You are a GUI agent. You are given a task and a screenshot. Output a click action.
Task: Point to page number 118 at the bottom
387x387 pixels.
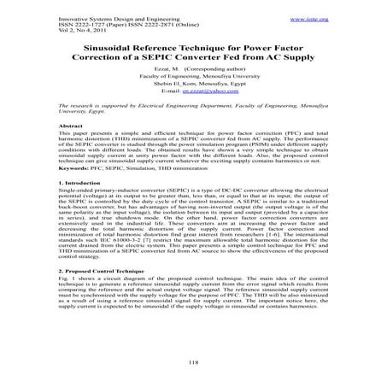(193, 365)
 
